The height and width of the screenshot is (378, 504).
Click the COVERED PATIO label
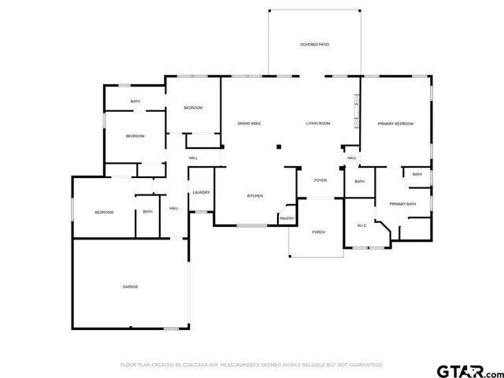point(314,45)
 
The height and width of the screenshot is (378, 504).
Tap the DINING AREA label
point(250,124)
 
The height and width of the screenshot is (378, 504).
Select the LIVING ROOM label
point(318,124)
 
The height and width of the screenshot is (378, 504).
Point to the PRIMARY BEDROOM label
point(395,124)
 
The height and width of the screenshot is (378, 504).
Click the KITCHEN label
point(255,196)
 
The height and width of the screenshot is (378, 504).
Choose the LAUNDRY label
point(200,193)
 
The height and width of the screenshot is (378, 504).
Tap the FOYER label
point(321,180)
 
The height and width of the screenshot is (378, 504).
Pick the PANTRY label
point(286,218)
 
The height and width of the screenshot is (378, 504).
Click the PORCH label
point(318,232)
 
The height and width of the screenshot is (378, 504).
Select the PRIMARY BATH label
point(402,204)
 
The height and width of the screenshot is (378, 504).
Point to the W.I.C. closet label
point(362,226)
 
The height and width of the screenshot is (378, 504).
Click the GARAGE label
point(130,287)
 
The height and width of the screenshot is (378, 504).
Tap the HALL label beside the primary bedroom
point(352,158)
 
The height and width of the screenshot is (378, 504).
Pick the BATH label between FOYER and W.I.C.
point(359,182)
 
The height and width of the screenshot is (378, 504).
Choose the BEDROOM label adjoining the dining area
point(193,108)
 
